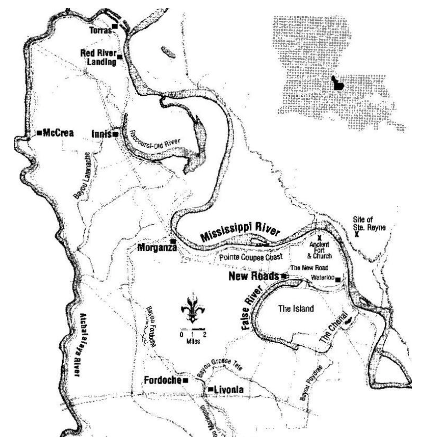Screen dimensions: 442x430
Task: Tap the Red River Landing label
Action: click(x=98, y=58)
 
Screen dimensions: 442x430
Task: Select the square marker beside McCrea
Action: click(x=39, y=132)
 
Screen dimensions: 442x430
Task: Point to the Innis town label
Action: click(x=101, y=134)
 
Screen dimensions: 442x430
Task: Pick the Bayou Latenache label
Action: click(x=82, y=175)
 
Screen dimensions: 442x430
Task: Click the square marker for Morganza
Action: click(x=173, y=241)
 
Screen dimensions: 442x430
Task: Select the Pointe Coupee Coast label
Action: click(x=251, y=257)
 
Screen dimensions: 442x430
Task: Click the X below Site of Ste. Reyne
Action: click(x=357, y=235)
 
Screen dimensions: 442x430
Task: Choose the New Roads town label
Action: click(x=253, y=276)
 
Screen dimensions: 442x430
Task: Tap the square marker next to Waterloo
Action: click(x=337, y=280)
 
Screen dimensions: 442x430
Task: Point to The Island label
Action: click(x=296, y=309)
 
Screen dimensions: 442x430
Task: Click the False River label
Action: click(x=252, y=308)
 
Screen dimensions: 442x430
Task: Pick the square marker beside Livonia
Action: click(x=211, y=389)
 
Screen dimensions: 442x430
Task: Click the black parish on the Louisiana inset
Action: click(x=338, y=83)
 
